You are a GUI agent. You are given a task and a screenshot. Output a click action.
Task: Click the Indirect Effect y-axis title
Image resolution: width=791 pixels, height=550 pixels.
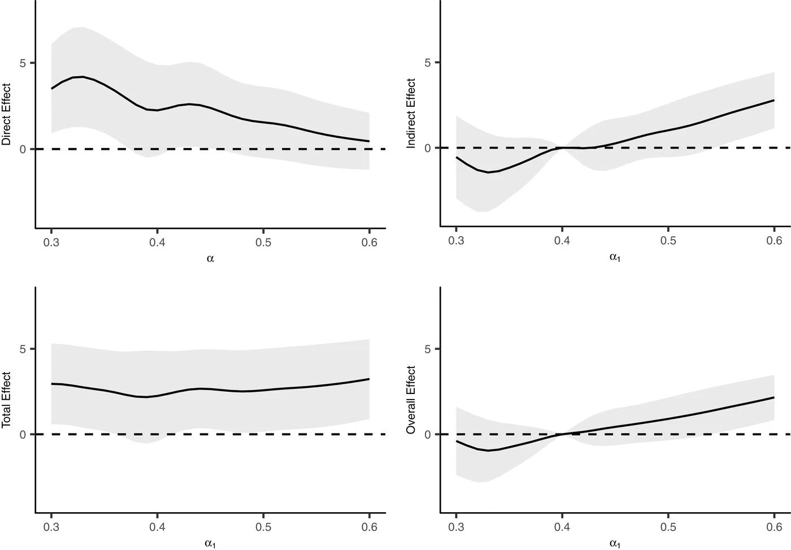click(x=411, y=114)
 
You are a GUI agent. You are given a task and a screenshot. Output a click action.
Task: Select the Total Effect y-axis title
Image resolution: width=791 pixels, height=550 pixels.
click(x=7, y=400)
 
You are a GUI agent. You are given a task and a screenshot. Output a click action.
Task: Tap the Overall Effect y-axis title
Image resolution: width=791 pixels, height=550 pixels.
click(x=411, y=400)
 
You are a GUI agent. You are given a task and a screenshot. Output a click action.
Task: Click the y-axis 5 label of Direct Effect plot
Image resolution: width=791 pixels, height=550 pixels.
click(x=23, y=63)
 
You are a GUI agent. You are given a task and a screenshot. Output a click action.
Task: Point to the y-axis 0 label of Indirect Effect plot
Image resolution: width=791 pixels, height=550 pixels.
click(x=428, y=148)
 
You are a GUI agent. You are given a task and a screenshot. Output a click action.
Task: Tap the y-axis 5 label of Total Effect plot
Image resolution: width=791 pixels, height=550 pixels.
click(x=23, y=349)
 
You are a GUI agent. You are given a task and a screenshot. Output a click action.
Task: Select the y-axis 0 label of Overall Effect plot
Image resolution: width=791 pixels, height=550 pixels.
click(x=428, y=435)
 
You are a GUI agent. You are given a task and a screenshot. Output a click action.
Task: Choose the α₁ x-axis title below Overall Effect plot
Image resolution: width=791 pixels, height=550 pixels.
click(x=615, y=544)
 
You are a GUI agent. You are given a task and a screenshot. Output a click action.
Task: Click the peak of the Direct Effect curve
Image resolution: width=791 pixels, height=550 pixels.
click(x=82, y=76)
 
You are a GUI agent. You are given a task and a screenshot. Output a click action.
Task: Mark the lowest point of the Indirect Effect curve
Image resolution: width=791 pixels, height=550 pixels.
click(x=488, y=172)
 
